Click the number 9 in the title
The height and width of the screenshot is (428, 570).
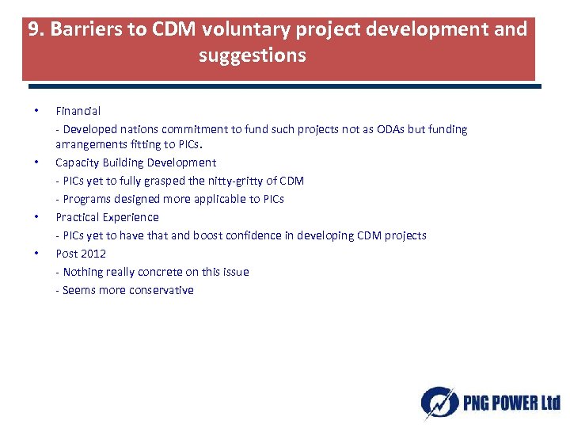click(x=33, y=30)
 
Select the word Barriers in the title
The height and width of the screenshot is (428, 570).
click(x=78, y=30)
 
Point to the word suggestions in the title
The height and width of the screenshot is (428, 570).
click(x=252, y=56)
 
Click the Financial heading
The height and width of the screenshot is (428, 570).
click(x=78, y=111)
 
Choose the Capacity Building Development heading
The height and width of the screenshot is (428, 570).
click(x=135, y=162)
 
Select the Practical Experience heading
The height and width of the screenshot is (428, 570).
click(x=107, y=217)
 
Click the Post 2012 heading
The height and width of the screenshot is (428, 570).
click(x=80, y=254)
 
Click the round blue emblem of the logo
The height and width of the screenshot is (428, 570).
click(x=438, y=402)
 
